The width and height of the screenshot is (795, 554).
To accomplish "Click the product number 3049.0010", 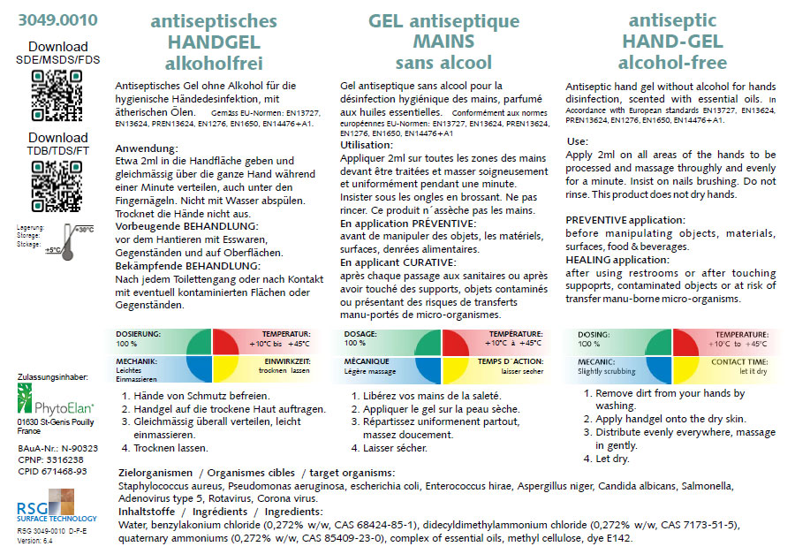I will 57,19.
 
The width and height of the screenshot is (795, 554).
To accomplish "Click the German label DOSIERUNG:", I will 138,334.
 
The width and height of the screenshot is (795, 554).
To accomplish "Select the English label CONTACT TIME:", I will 739,362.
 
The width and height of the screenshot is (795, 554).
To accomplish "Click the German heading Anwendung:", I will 148,148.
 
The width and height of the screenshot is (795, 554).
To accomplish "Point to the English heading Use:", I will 577,141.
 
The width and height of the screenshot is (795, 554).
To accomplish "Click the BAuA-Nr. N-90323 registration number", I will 57,449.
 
